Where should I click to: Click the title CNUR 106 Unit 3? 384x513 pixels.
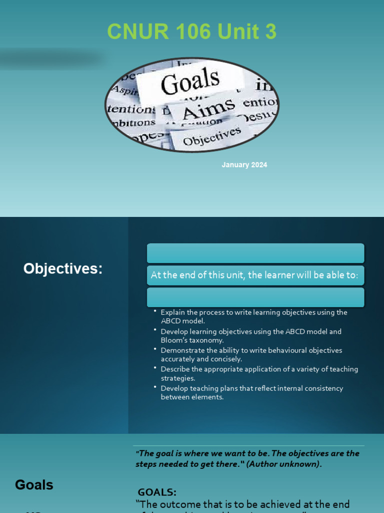[x=191, y=32]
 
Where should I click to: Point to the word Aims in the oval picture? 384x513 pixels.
[x=208, y=108]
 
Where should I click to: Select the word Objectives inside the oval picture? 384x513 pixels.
[x=212, y=136]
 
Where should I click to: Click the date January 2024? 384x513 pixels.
[x=244, y=165]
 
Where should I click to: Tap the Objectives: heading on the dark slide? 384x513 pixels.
[x=63, y=269]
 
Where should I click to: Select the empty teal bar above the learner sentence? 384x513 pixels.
[x=255, y=253]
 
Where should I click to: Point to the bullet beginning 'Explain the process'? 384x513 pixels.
[x=253, y=316]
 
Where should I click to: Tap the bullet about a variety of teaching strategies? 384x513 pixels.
[x=259, y=373]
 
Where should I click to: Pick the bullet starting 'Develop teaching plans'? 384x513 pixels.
[x=251, y=392]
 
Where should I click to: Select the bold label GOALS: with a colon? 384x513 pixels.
[x=157, y=492]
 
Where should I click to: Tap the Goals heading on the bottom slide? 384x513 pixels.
[x=34, y=485]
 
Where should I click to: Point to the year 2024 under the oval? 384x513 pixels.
[x=258, y=165]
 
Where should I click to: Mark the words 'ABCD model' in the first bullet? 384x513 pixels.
[x=182, y=321]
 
